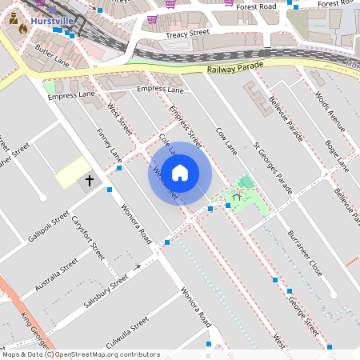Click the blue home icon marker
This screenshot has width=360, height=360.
point(180,173)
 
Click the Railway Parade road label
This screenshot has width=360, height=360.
point(234,70)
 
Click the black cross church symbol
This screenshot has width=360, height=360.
point(90,182)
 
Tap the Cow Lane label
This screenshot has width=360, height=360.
point(227,141)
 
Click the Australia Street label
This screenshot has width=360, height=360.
point(58,273)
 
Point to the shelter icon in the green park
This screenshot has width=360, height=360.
point(236,196)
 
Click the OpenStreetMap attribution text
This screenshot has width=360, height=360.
point(80,354)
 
